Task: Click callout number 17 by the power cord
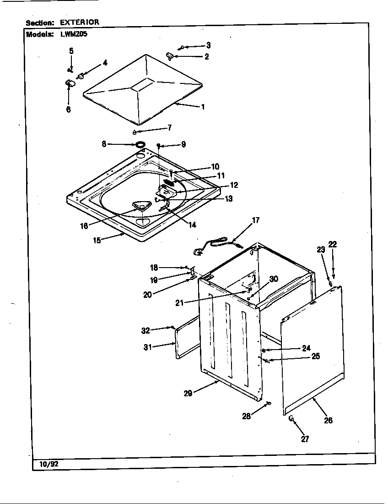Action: pos(255,220)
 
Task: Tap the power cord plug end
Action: pos(198,251)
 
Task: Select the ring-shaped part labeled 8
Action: pos(140,145)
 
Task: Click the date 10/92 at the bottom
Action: pos(46,464)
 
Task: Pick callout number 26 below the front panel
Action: pos(328,420)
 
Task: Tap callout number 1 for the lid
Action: pos(202,107)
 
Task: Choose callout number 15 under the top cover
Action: pos(97,240)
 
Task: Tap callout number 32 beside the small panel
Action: pos(145,330)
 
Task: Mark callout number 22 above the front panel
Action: pos(332,245)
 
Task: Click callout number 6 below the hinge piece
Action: pos(68,110)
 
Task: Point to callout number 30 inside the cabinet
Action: pos(273,279)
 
